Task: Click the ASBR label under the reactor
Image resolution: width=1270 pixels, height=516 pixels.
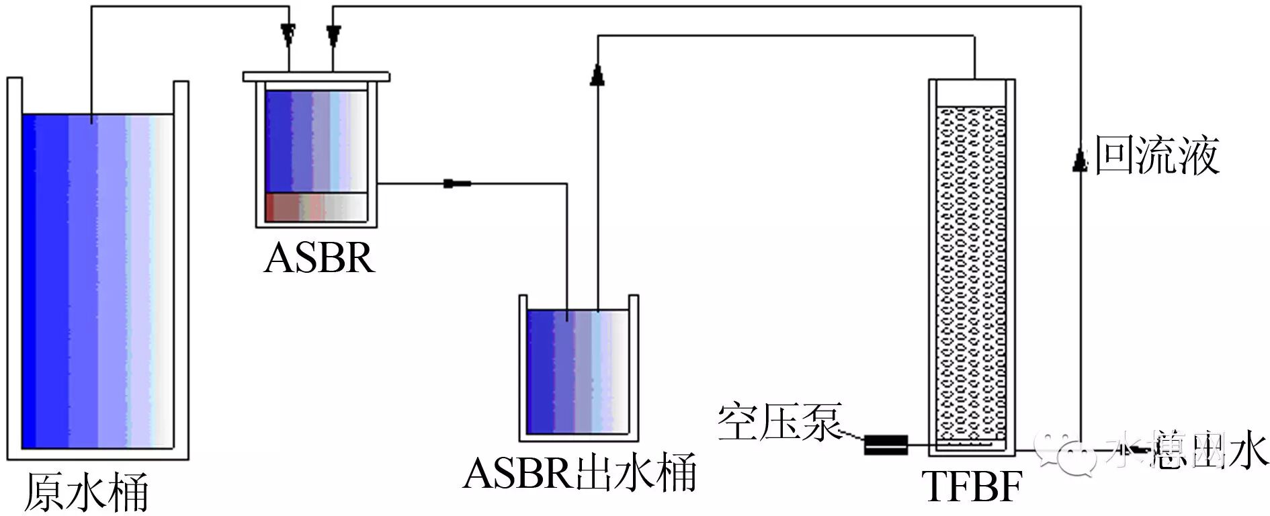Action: (319, 257)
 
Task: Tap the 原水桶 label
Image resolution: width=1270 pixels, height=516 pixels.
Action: (86, 493)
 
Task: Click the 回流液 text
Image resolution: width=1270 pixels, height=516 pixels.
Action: (1157, 156)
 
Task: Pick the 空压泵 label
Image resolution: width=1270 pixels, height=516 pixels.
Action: (779, 422)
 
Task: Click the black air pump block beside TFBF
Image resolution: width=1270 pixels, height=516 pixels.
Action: (886, 444)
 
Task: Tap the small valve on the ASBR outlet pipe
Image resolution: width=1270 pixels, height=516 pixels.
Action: (457, 183)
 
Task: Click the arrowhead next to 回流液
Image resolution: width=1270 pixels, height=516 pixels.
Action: (1079, 161)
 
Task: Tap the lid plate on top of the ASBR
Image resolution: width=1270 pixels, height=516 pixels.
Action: (316, 77)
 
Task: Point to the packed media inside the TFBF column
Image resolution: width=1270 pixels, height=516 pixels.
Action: (971, 269)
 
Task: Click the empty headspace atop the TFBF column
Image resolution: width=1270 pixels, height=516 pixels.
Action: (971, 93)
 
